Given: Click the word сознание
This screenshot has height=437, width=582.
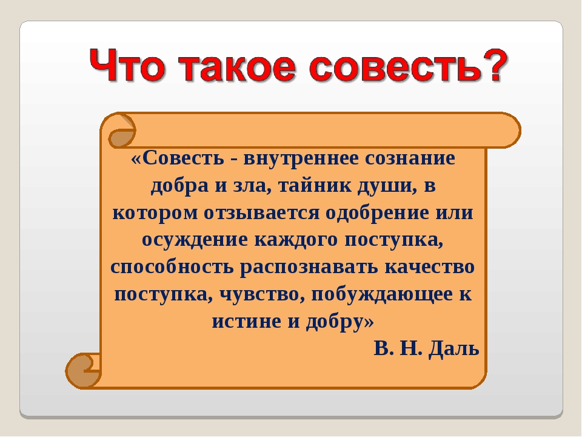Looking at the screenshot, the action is coord(410,158).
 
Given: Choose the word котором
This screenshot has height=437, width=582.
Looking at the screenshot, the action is coord(155,213).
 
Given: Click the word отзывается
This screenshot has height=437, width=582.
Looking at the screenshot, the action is coord(262,213).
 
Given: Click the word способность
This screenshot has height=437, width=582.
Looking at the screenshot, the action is coord(172,267).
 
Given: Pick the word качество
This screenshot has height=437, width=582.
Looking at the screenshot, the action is coord(429,267).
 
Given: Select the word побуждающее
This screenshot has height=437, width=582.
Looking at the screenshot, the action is coord(380,294).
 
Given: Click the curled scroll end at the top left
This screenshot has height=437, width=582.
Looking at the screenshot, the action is coord(122,131).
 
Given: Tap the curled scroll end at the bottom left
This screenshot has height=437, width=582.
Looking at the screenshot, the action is coord(82,371).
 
